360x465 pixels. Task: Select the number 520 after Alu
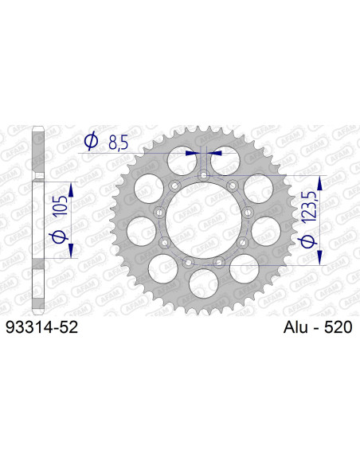[338, 327]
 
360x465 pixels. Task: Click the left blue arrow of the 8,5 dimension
[191, 151]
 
